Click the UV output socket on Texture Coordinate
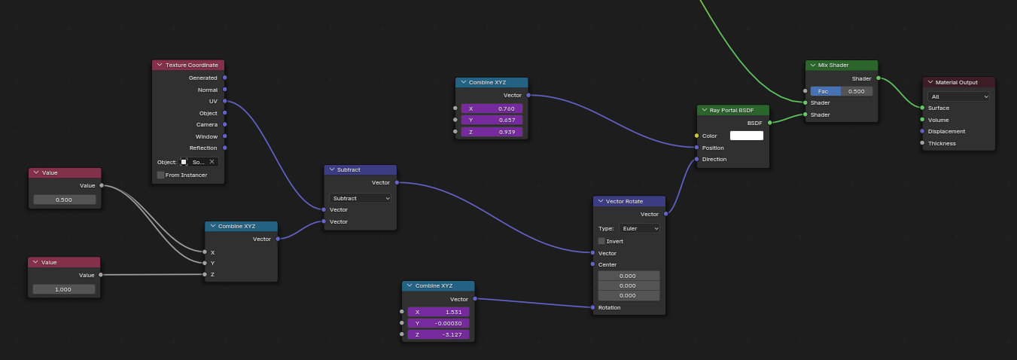(x=225, y=101)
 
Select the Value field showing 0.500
(x=64, y=200)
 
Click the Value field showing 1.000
(x=63, y=289)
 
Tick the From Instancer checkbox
(x=160, y=175)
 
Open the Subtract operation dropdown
(x=360, y=198)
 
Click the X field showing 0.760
(x=492, y=108)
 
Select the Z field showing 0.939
(x=492, y=132)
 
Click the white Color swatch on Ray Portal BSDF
(x=747, y=136)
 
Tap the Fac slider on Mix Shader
(x=842, y=91)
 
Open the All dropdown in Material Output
(x=958, y=96)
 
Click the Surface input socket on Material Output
(x=922, y=108)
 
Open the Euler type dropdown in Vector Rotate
(x=639, y=228)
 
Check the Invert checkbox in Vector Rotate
(x=601, y=241)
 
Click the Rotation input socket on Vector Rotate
(x=593, y=307)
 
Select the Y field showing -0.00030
(x=438, y=323)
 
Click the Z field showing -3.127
(x=438, y=334)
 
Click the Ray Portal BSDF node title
(x=732, y=110)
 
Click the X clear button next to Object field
(x=212, y=162)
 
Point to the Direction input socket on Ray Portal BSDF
(x=696, y=160)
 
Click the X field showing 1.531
(x=438, y=312)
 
